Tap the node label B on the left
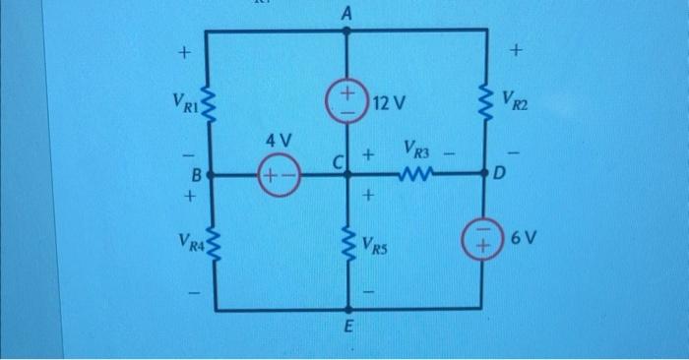click(195, 175)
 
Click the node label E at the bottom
click(346, 327)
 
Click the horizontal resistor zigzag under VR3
click(415, 175)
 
